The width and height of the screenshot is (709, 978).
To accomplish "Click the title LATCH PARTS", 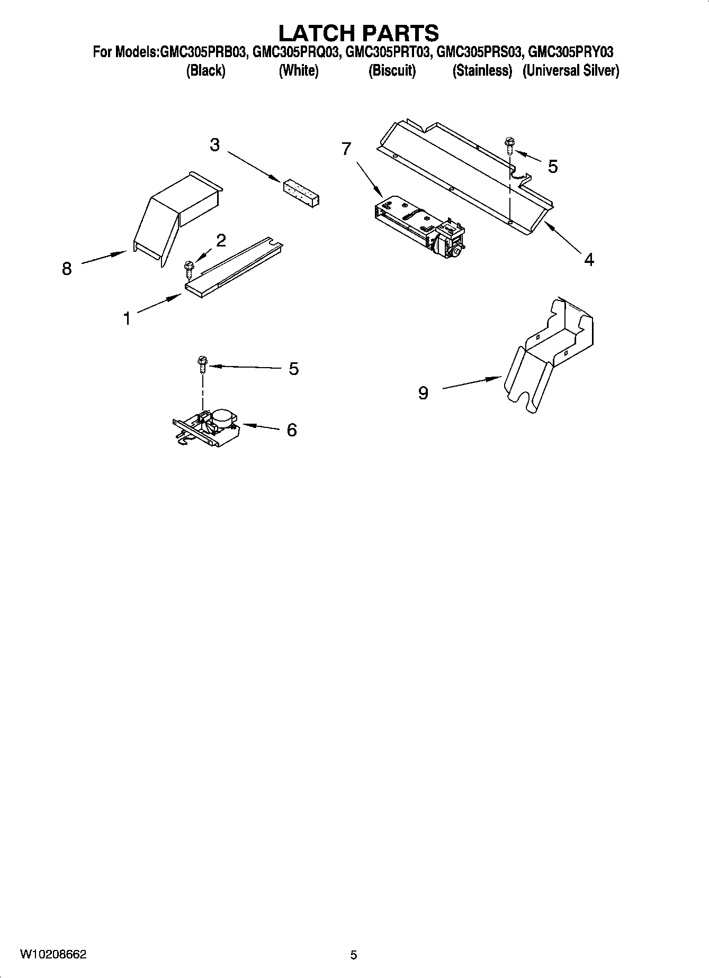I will [x=358, y=33].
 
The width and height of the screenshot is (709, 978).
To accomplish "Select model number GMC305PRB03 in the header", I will [x=202, y=52].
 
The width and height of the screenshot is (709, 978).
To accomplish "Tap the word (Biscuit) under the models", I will [x=392, y=70].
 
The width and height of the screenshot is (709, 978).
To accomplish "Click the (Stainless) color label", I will [x=482, y=70].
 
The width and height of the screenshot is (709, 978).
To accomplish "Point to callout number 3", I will [x=214, y=144].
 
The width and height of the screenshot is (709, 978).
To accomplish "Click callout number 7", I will [x=346, y=149].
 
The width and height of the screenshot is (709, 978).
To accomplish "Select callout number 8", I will [x=67, y=269].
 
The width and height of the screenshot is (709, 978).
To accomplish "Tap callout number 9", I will [x=423, y=392].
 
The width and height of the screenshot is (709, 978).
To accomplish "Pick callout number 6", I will [x=291, y=430].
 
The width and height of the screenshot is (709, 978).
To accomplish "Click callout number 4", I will [x=589, y=260].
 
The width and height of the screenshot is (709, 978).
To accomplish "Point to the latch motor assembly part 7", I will [x=418, y=227].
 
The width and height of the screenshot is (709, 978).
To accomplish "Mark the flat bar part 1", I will [x=233, y=270].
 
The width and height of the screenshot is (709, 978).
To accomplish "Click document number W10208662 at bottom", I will [x=53, y=954].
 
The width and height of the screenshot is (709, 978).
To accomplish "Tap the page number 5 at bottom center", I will [x=354, y=955].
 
